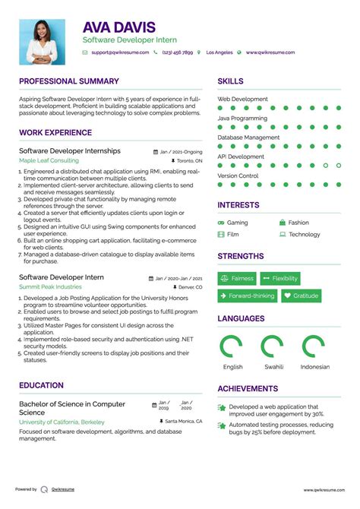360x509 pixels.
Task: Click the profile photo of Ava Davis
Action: (43, 42)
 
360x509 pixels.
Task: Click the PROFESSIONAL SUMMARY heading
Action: (69, 81)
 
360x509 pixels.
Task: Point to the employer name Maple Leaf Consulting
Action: (49, 161)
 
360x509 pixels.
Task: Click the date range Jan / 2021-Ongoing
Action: (181, 151)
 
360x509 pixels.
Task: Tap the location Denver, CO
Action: (190, 288)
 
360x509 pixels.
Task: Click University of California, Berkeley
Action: (62, 421)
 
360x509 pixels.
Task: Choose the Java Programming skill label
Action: (243, 119)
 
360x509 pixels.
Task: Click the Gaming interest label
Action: (237, 223)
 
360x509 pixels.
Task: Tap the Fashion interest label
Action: (298, 223)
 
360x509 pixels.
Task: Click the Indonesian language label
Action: (315, 367)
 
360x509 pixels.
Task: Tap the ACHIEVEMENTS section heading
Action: (248, 388)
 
